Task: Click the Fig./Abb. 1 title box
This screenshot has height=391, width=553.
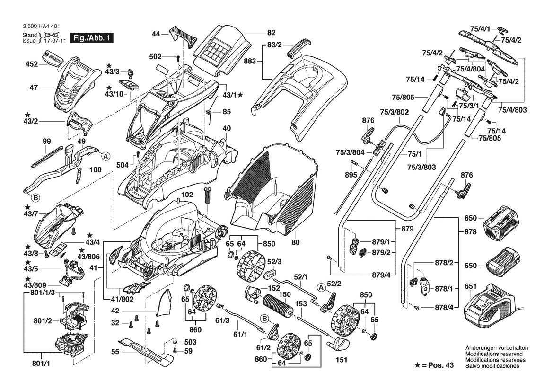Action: [x=92, y=38]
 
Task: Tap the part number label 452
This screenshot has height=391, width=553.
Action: [x=32, y=64]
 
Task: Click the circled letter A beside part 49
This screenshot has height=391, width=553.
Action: [x=105, y=156]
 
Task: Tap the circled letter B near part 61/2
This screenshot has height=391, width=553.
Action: [x=265, y=318]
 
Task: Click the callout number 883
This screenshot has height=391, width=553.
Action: [x=250, y=62]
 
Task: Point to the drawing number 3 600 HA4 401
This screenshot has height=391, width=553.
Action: [x=41, y=26]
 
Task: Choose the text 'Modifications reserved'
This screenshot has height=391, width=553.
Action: [x=494, y=354]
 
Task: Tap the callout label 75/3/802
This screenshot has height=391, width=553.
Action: [x=395, y=112]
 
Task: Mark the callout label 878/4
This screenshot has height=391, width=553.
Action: [x=444, y=308]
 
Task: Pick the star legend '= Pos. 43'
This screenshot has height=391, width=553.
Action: [x=434, y=365]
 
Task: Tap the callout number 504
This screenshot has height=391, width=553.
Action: [x=123, y=165]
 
